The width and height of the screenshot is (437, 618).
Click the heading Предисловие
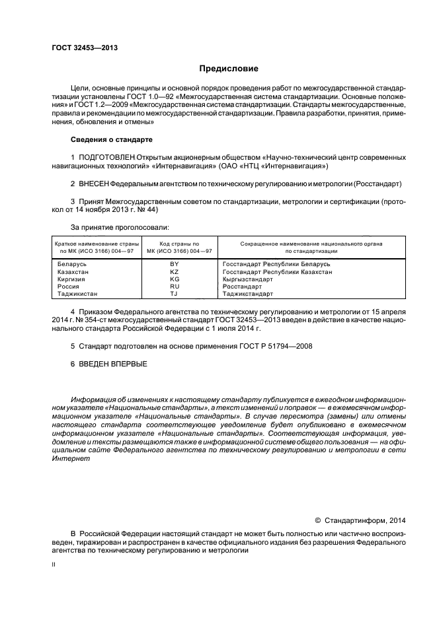tap(229, 69)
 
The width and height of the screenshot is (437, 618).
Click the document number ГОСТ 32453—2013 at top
tap(85, 48)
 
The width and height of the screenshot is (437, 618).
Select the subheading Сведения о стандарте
tap(112, 140)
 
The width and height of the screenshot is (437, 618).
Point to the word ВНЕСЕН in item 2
tap(93, 183)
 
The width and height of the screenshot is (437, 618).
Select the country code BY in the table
tap(175, 264)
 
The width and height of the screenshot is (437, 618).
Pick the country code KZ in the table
tap(175, 271)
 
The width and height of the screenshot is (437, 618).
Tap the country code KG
tap(175, 279)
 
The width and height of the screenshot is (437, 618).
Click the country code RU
tap(175, 286)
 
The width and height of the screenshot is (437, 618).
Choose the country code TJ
tap(175, 293)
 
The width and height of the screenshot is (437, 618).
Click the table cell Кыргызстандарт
tap(248, 279)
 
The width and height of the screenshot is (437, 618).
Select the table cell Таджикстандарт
tap(249, 293)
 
